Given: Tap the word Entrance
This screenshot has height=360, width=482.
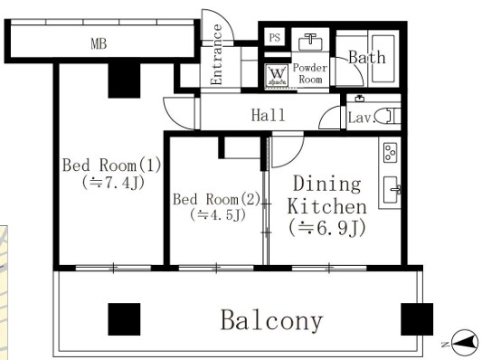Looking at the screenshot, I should click(x=217, y=55).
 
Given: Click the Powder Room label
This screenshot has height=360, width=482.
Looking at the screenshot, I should click(x=310, y=73).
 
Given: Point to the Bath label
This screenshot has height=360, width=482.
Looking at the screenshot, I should click(x=366, y=57).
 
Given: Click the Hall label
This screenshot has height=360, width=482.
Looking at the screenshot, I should click(x=268, y=115).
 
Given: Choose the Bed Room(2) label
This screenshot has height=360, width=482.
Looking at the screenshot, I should click(x=216, y=199).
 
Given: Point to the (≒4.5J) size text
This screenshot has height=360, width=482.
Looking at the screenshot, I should click(x=216, y=216).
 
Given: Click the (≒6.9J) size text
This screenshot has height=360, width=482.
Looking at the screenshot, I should click(x=326, y=229).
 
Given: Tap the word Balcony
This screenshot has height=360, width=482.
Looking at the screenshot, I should click(x=271, y=320).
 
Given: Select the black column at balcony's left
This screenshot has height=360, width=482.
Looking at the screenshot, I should click(x=125, y=319).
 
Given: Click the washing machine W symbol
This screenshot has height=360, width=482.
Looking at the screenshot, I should click(x=277, y=76).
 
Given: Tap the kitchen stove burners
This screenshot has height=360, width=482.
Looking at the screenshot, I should click(x=391, y=151).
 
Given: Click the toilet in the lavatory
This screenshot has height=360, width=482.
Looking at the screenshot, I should click(x=386, y=116).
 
